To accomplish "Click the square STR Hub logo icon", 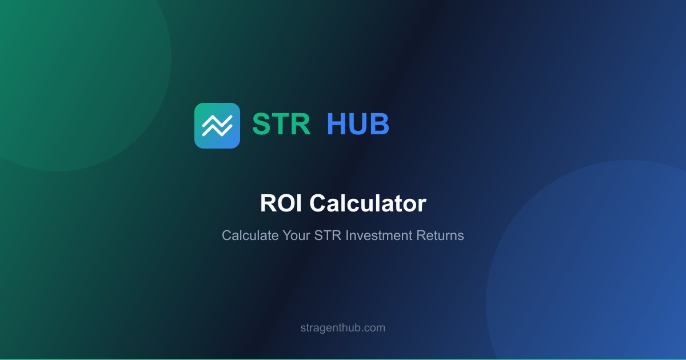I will tap(217, 126).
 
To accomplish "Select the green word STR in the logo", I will tap(281, 124).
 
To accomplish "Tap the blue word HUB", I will tap(358, 124).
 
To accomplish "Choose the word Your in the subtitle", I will tap(296, 235).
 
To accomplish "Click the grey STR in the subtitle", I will tap(328, 235).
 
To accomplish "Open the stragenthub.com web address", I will tap(343, 328).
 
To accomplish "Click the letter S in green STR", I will tap(262, 124).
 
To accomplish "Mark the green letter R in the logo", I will tap(301, 124).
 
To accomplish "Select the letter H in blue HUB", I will tap(337, 124).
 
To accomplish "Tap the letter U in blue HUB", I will tap(358, 124).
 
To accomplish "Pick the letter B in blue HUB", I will tap(380, 124).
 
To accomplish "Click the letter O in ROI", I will tap(284, 204).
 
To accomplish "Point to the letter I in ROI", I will tap(297, 204).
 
